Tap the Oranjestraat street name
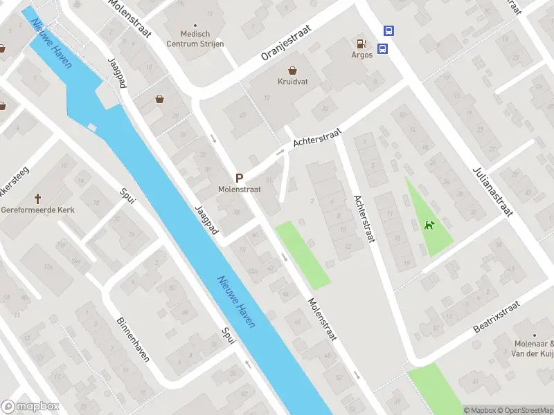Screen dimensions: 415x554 pyautogui.click(x=285, y=44)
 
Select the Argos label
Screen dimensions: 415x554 pyautogui.click(x=361, y=55)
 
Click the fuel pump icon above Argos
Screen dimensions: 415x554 pyautogui.click(x=361, y=43)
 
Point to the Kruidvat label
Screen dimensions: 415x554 pyautogui.click(x=294, y=82)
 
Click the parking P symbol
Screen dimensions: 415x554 pyautogui.click(x=239, y=177)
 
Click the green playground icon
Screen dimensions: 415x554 pyautogui.click(x=430, y=225)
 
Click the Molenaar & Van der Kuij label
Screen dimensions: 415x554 pyautogui.click(x=534, y=349)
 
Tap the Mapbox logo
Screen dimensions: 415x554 pyautogui.click(x=30, y=406)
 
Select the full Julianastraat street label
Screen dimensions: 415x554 pyautogui.click(x=494, y=190)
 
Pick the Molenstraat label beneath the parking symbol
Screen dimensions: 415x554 pyautogui.click(x=238, y=188)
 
